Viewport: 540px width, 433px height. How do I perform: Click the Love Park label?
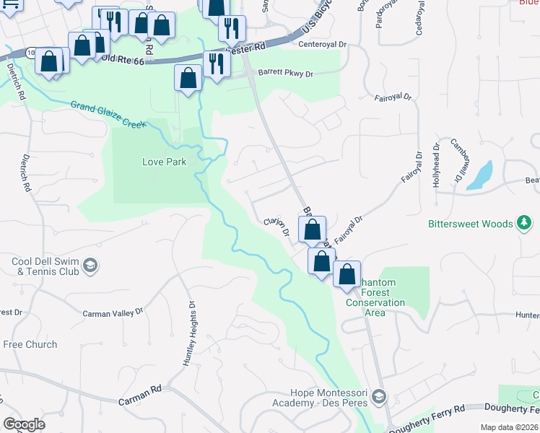coord(164,162)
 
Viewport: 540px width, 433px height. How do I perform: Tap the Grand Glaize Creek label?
coord(108,115)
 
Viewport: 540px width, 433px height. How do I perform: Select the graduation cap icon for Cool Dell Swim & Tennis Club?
coord(90,267)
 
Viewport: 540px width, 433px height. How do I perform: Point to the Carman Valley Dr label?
coord(113,313)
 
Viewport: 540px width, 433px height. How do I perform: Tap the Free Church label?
coord(30,344)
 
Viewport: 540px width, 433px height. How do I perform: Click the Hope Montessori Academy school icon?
coord(380,397)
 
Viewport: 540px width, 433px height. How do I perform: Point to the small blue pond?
coord(481,175)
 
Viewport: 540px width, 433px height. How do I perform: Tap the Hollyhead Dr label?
coord(436,170)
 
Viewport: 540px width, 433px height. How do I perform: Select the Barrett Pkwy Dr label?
coord(287,74)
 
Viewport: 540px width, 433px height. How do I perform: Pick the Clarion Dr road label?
coord(277,227)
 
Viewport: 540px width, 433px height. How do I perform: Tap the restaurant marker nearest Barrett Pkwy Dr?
coord(216,64)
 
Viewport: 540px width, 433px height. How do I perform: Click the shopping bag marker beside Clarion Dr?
coord(312,229)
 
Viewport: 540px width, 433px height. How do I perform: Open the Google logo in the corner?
coord(24,424)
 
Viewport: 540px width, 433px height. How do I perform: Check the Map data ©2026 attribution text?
coord(508,427)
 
